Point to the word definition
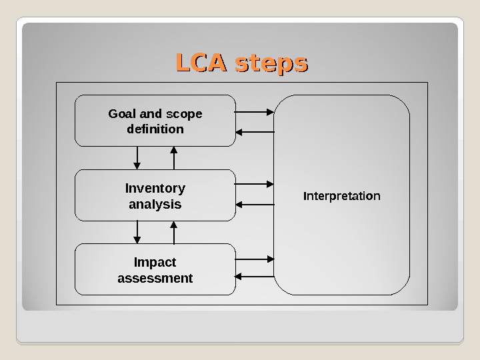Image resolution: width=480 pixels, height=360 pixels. (155, 129)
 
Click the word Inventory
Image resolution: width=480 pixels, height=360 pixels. (155, 189)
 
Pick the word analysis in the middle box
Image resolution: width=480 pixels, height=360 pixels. (155, 204)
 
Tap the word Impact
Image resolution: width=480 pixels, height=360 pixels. (155, 263)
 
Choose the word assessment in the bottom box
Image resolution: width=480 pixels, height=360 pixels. (155, 278)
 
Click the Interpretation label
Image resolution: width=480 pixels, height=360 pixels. (342, 197)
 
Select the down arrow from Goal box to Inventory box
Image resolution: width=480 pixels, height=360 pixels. (137, 157)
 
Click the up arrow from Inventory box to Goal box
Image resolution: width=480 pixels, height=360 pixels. (173, 157)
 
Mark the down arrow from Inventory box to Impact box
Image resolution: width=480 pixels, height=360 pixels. (137, 232)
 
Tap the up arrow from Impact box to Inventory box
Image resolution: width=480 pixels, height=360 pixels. (173, 232)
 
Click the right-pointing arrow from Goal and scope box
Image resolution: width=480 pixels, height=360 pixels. (255, 111)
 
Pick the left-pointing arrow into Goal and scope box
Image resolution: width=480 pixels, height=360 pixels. (255, 131)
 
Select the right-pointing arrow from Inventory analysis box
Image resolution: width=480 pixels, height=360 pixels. (255, 183)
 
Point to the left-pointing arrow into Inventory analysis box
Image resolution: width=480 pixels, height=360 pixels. (255, 204)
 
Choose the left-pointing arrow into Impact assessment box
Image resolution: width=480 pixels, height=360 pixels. (255, 275)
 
